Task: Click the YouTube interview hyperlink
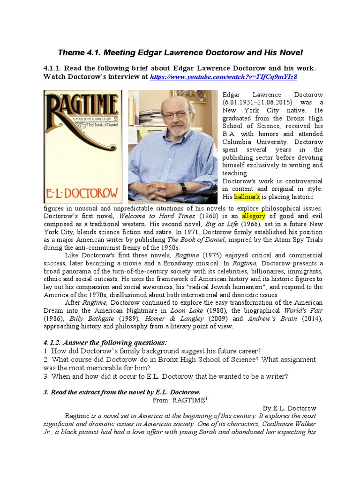[224, 77]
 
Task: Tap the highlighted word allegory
[253, 216]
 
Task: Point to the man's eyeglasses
[177, 115]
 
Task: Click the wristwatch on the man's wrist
[183, 187]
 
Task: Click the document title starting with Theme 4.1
[180, 52]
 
